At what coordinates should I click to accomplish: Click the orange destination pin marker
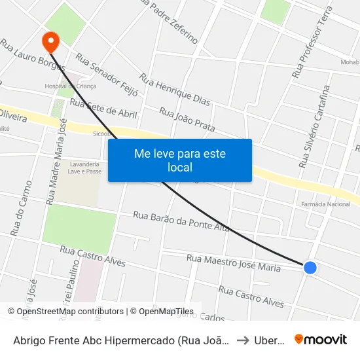(x=50, y=42)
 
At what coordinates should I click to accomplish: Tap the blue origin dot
(x=310, y=267)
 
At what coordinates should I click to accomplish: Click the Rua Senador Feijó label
(x=106, y=75)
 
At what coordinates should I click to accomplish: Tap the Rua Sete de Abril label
(x=103, y=108)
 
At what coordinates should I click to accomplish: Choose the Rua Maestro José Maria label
(x=233, y=263)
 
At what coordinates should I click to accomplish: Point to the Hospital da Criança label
(x=70, y=86)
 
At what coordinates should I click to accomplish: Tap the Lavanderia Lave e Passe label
(x=85, y=168)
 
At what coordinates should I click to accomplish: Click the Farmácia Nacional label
(x=325, y=204)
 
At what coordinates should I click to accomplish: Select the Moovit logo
(x=320, y=339)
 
